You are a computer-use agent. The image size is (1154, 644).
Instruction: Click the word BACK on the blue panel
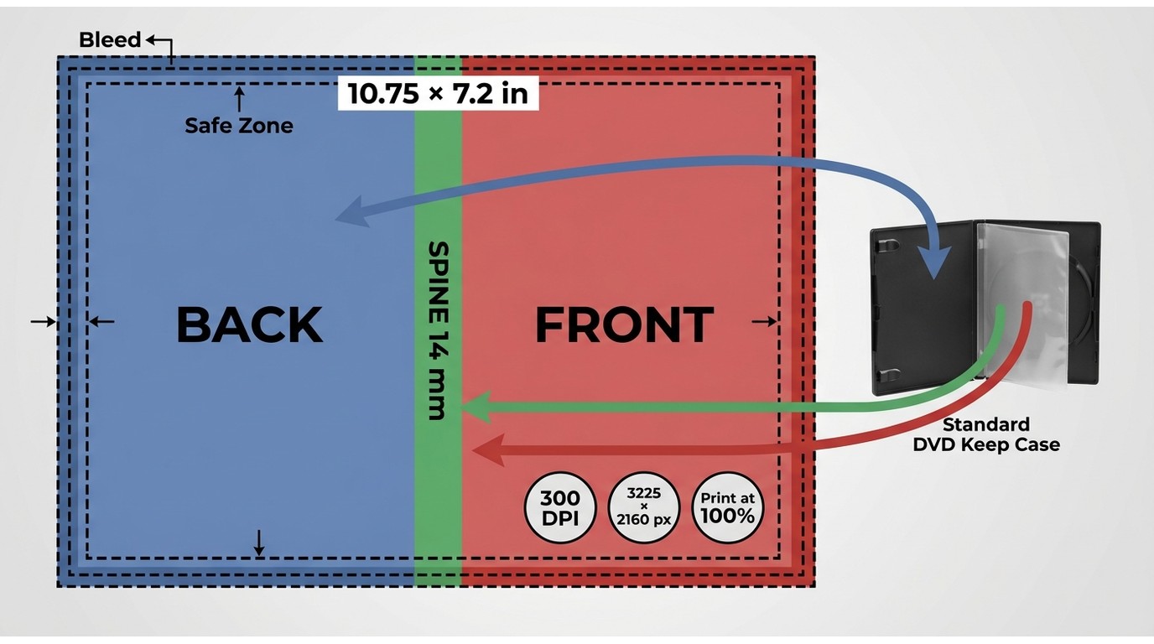pos(250,325)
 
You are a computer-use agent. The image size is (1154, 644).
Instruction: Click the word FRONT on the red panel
pos(625,325)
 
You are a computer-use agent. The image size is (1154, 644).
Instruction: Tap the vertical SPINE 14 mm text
pos(438,330)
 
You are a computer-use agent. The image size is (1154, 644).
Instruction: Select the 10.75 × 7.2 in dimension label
pos(438,94)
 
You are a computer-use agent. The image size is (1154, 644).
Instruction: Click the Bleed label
pos(110,39)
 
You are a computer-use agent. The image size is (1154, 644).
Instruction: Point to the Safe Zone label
pos(239,125)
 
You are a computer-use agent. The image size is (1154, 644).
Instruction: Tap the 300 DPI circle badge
pos(560,508)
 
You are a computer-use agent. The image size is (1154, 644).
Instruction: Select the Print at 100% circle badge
pos(727,508)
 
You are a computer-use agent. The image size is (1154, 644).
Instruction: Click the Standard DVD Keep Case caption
pos(986,434)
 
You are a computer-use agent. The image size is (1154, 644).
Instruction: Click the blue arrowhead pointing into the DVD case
pos(933,262)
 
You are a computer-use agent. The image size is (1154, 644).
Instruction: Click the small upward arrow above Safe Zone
pos(239,100)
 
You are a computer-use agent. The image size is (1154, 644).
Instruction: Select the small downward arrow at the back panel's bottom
pos(259,543)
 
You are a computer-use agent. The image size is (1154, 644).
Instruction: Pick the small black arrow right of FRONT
pos(765,321)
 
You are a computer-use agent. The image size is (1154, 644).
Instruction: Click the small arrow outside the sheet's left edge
pos(44,321)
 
